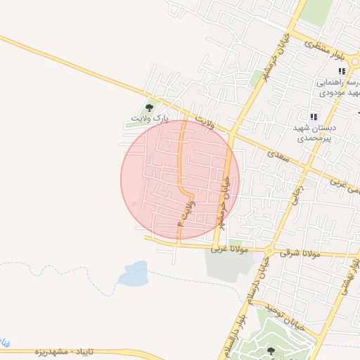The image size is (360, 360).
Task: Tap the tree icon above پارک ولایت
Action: (149, 108)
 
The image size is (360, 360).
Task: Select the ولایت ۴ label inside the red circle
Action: (184, 211)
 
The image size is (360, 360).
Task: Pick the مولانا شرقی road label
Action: (301, 252)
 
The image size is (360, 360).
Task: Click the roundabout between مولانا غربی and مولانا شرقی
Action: (269, 250)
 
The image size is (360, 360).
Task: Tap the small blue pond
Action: (133, 274)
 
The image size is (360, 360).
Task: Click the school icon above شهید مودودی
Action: (342, 71)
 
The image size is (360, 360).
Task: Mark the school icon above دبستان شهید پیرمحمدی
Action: (314, 117)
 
